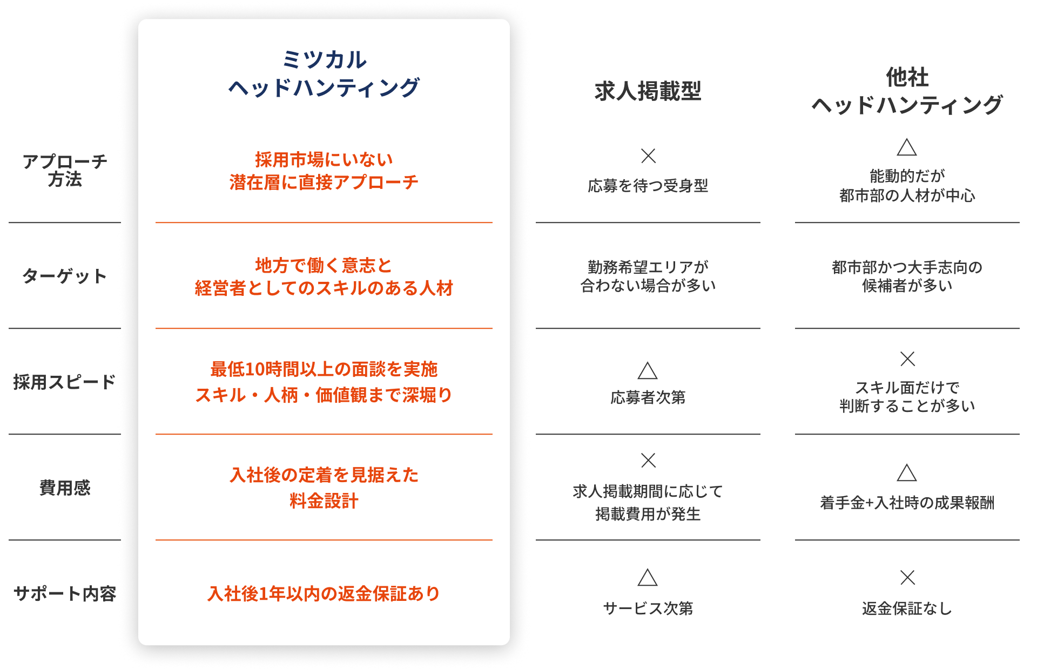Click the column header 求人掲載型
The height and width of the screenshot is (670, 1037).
tap(648, 91)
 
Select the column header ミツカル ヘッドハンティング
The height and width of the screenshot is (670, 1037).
tap(324, 73)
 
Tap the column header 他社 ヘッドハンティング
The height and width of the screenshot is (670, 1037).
tap(907, 91)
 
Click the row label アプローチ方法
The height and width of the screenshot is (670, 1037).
tap(65, 170)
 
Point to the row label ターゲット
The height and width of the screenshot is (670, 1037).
tap(65, 276)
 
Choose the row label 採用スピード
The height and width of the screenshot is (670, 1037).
tap(65, 382)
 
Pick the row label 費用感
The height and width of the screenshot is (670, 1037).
tap(65, 488)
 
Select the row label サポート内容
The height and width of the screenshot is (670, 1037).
tap(65, 593)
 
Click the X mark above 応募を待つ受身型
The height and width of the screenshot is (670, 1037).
tap(648, 156)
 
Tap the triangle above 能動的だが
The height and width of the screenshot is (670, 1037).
tap(907, 147)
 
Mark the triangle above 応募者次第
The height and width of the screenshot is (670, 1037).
tap(648, 371)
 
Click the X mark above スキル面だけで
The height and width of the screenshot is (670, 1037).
tap(907, 359)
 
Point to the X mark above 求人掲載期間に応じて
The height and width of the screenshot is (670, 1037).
tap(648, 461)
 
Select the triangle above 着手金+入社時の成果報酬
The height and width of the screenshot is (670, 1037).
tap(907, 473)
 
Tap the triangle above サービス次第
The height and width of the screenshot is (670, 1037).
tap(648, 578)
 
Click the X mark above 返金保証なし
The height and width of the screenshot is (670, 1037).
tap(907, 578)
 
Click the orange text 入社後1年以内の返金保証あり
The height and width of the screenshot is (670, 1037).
tap(324, 593)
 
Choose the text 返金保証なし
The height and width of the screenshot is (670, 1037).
tap(907, 608)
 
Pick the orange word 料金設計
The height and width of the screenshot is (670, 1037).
tap(324, 500)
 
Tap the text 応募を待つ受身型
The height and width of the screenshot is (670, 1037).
tap(648, 186)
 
